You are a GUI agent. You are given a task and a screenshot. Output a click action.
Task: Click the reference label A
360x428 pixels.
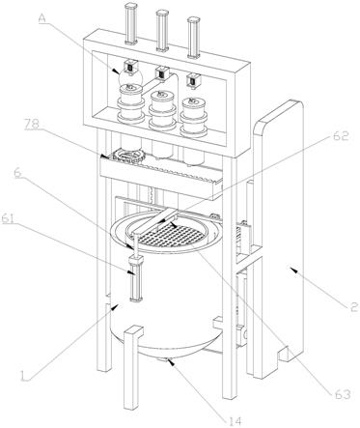42,18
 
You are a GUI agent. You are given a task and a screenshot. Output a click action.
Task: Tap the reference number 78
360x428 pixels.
33,125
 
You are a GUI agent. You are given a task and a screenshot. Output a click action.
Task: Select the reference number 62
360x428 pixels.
341,136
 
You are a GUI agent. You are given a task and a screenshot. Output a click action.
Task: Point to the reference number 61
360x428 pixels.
9,218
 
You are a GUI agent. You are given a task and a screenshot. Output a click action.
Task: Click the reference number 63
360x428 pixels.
342,393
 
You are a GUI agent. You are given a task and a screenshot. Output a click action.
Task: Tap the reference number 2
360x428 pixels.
354,307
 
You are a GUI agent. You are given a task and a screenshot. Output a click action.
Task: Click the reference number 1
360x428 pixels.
23,376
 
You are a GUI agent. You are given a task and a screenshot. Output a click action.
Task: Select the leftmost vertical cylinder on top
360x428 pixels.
130,23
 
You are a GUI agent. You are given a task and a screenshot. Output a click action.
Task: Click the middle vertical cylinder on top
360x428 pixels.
162,30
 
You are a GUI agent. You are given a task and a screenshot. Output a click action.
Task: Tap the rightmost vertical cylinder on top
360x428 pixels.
193,38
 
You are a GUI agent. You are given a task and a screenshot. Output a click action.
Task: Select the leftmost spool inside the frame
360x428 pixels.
130,103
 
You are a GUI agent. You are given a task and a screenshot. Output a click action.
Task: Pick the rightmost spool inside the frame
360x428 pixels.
194,117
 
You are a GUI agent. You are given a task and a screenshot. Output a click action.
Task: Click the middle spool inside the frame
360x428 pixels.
162,110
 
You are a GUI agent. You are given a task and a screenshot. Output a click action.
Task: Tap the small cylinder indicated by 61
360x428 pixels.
136,278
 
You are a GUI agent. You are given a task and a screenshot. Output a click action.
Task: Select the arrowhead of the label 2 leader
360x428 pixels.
291,270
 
